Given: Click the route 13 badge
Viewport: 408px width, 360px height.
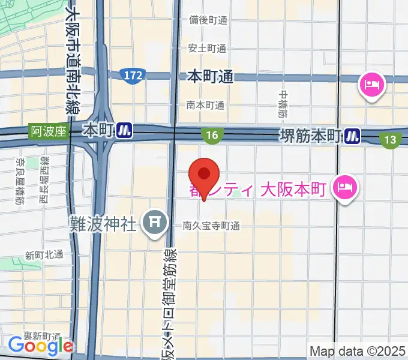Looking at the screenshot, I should pyautogui.click(x=391, y=140).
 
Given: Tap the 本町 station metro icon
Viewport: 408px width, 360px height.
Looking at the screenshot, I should pyautogui.click(x=124, y=130).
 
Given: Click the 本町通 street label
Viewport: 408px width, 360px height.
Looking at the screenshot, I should pyautogui.click(x=209, y=76).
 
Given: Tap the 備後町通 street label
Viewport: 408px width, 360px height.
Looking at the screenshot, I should pyautogui.click(x=207, y=20).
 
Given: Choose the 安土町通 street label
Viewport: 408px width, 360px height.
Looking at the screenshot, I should pyautogui.click(x=207, y=48).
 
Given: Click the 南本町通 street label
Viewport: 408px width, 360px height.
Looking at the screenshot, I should pyautogui.click(x=205, y=105).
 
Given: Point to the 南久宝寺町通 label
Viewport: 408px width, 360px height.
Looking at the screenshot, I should pyautogui.click(x=211, y=226).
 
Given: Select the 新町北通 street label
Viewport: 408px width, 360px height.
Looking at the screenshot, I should pyautogui.click(x=44, y=254).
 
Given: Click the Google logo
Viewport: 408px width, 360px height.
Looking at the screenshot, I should pyautogui.click(x=40, y=346).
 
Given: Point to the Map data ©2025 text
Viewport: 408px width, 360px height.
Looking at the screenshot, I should pyautogui.click(x=356, y=350).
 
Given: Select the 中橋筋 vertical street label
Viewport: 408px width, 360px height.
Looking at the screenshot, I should pyautogui.click(x=283, y=103).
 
